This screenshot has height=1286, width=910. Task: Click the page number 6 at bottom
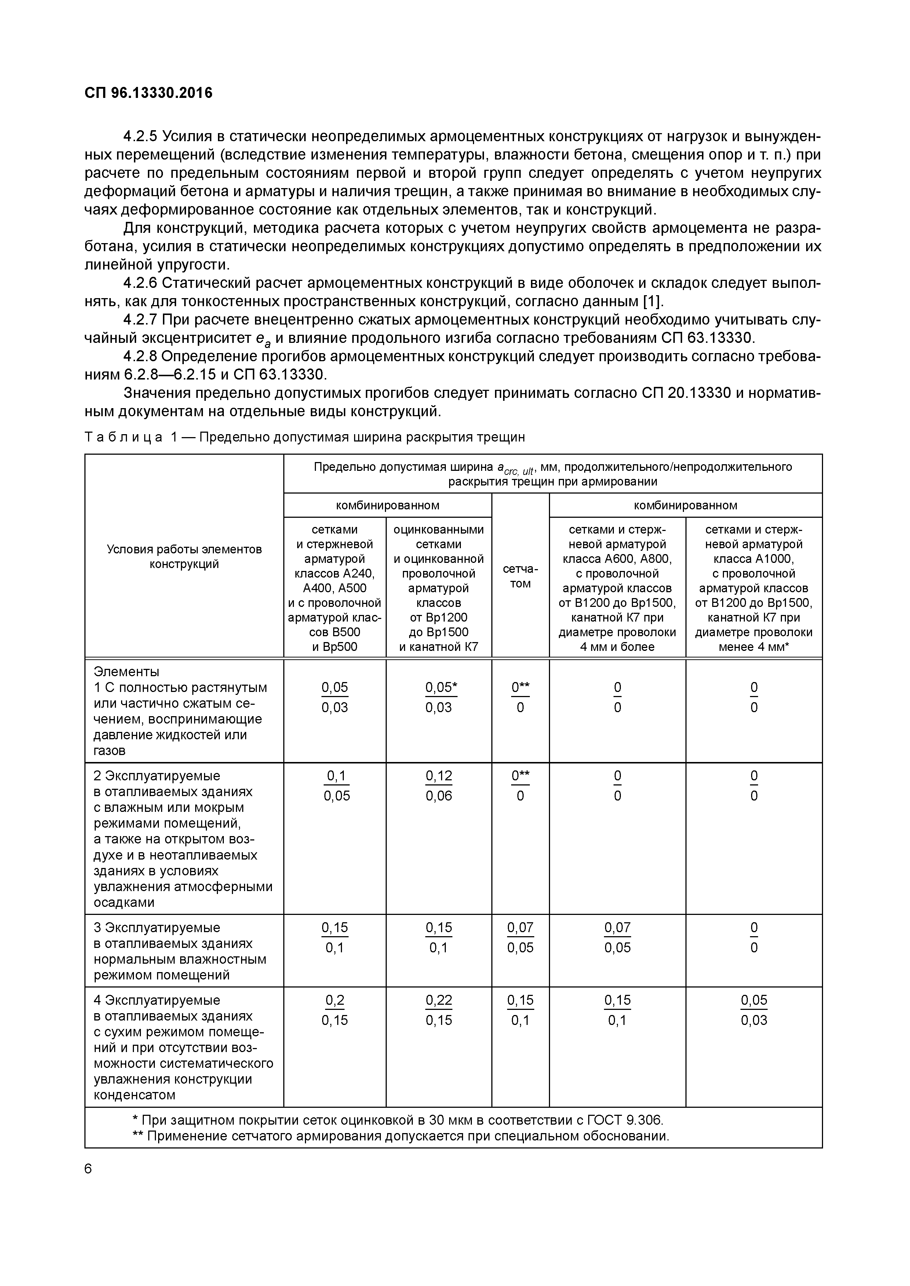point(88,1168)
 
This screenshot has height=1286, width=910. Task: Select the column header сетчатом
point(520,576)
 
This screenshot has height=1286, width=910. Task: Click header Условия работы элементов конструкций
point(184,556)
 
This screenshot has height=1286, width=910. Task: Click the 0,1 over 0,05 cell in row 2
point(336,786)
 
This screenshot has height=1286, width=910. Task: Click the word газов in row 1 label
point(110,751)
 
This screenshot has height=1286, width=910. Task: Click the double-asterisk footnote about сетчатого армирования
point(401,1136)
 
